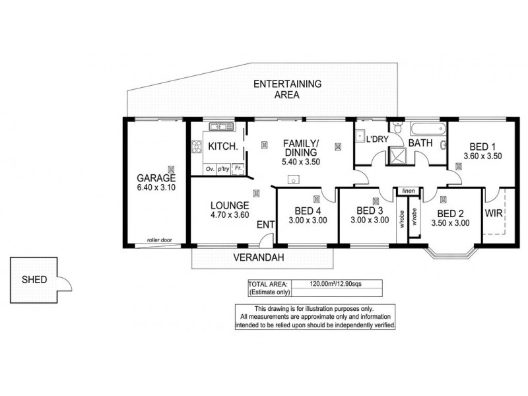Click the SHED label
click(x=34, y=279)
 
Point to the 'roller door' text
click(x=159, y=240)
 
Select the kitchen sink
click(x=218, y=127)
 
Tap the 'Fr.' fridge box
click(x=238, y=169)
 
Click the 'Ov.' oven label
click(x=210, y=170)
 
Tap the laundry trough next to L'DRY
click(x=362, y=137)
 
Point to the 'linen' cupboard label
click(x=407, y=191)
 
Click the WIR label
click(x=494, y=214)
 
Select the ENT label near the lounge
click(x=265, y=225)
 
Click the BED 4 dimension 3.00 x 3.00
click(x=306, y=220)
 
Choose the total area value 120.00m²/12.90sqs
click(x=337, y=284)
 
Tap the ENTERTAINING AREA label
click(x=288, y=89)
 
